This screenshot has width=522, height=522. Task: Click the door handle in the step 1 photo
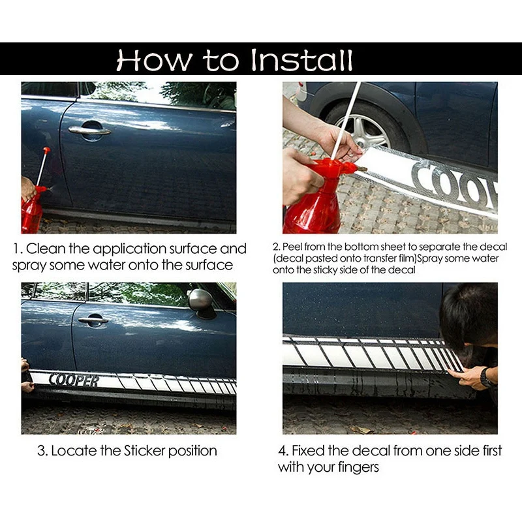(89, 130)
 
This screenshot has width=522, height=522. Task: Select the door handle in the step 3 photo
(93, 320)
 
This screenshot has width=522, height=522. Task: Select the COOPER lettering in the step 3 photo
(74, 380)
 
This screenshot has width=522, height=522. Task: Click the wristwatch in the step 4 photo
(486, 378)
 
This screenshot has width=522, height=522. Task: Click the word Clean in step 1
(46, 249)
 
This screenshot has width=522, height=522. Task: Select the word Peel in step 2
(292, 247)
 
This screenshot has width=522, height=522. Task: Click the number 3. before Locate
(42, 451)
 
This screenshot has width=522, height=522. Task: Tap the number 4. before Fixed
(283, 451)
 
